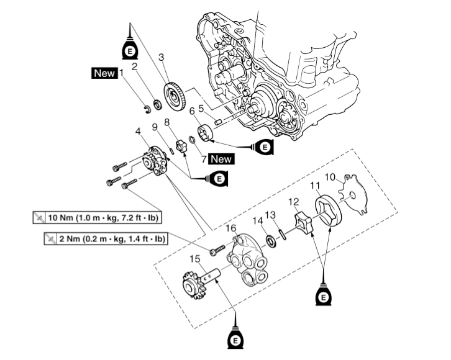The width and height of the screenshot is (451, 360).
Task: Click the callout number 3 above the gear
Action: (161, 57)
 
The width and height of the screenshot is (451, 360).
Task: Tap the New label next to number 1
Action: (104, 73)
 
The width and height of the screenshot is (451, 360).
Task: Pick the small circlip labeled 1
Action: (147, 110)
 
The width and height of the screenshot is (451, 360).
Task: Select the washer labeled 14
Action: (271, 239)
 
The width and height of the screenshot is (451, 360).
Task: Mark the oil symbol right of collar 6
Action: (265, 147)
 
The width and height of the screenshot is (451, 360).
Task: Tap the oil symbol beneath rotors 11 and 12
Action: (323, 297)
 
